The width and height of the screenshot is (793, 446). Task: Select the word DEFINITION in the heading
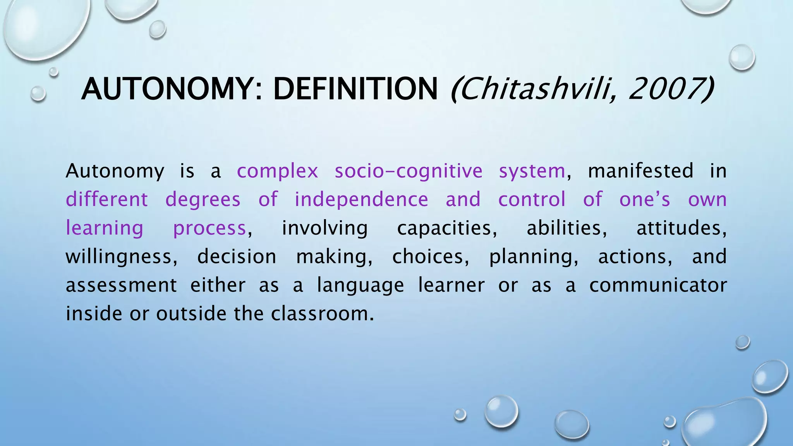pos(355,89)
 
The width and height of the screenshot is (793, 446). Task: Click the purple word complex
pos(277,171)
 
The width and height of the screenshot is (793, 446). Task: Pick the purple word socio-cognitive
pos(409,171)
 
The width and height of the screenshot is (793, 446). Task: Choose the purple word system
pos(532,171)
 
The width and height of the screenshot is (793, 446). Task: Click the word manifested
pos(640,171)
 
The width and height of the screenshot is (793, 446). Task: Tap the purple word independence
pos(361,200)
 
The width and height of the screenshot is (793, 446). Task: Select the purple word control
pos(532,200)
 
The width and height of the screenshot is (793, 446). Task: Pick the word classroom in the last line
pos(322,314)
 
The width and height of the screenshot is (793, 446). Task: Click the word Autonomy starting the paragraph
pos(115,171)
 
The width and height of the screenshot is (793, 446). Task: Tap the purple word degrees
pos(203,200)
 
